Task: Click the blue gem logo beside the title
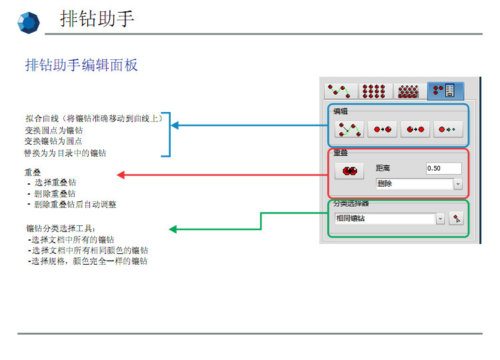pyautogui.click(x=29, y=23)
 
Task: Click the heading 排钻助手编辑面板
pyautogui.click(x=81, y=65)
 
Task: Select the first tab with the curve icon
pyautogui.click(x=340, y=91)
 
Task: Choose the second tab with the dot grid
pyautogui.click(x=375, y=91)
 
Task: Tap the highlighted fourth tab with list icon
pyautogui.click(x=444, y=91)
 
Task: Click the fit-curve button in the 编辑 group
pyautogui.click(x=349, y=129)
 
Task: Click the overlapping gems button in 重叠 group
pyautogui.click(x=349, y=171)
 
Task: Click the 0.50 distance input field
pyautogui.click(x=443, y=168)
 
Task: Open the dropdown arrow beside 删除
pyautogui.click(x=458, y=184)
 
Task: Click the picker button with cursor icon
pyautogui.click(x=456, y=218)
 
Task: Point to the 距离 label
pyautogui.click(x=385, y=169)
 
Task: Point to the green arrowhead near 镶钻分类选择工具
pyautogui.click(x=173, y=229)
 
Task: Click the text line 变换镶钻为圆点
pyautogui.click(x=53, y=141)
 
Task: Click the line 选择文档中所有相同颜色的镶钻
pyautogui.click(x=89, y=251)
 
